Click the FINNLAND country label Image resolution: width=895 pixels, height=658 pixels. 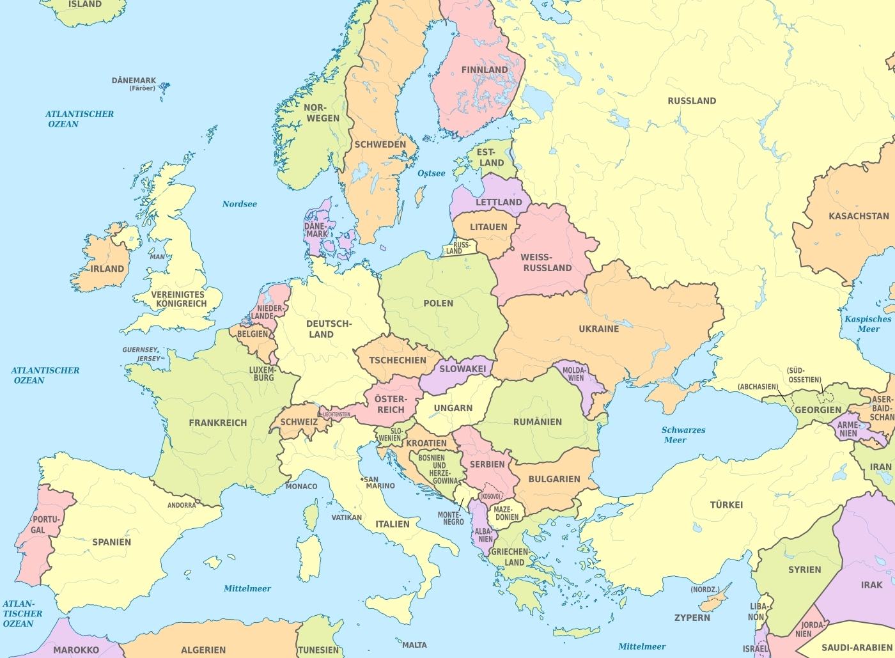(x=485, y=70)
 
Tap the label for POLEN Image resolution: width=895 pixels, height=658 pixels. (x=438, y=303)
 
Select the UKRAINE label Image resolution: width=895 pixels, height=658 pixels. (x=598, y=329)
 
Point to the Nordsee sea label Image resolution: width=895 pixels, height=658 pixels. (x=239, y=204)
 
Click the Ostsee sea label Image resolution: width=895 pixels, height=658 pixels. (x=431, y=173)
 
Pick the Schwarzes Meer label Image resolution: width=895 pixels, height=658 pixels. (x=683, y=435)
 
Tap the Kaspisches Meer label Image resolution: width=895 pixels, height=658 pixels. (x=868, y=324)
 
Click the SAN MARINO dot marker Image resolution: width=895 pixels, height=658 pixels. (x=362, y=479)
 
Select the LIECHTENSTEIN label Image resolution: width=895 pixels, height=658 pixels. (x=336, y=414)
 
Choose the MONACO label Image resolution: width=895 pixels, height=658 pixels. (x=301, y=487)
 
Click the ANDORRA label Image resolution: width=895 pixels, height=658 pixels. (x=182, y=505)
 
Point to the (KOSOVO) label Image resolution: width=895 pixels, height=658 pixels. (x=490, y=496)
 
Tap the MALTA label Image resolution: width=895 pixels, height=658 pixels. (x=414, y=645)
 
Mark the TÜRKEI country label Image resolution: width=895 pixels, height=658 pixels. (x=726, y=505)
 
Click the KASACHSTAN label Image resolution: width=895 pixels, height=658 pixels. (x=858, y=216)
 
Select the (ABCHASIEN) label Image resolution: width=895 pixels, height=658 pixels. (x=758, y=387)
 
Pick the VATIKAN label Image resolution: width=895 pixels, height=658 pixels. (x=346, y=517)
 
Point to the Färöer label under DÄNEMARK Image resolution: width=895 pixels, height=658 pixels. (x=142, y=88)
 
